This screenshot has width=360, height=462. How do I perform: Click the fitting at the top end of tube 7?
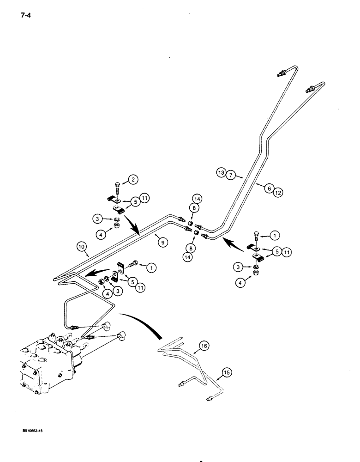[281, 73]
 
